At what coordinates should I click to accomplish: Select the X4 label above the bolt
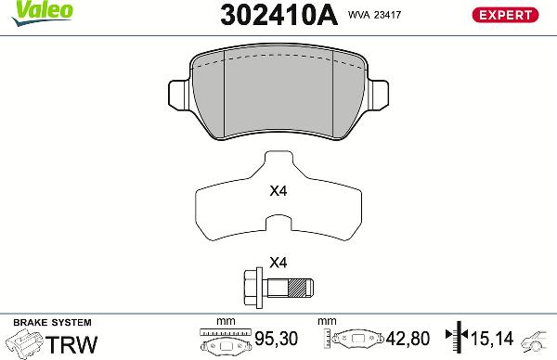(278, 262)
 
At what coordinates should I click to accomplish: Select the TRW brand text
(71, 344)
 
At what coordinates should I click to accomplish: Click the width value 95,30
(278, 340)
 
